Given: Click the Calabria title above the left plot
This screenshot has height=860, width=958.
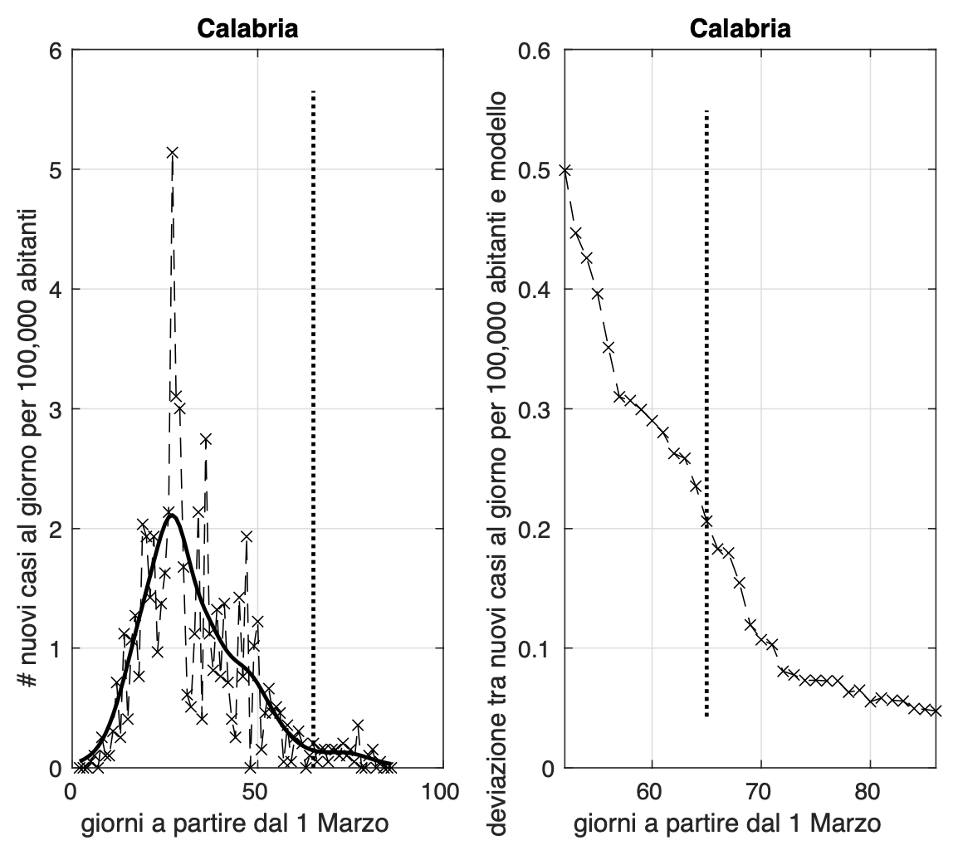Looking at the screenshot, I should coord(247,29).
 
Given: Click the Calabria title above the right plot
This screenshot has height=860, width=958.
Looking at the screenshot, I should coord(740,29).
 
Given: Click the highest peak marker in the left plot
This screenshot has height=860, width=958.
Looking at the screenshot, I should coord(173,153).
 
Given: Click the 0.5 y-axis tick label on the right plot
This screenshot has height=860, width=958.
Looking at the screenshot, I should coord(536,169).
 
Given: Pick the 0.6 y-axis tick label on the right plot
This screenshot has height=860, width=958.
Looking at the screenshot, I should coord(536,50).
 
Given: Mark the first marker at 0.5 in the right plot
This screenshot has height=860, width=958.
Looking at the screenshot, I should coord(565,170).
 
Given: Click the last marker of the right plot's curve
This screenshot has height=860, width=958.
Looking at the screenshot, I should coord(936,711).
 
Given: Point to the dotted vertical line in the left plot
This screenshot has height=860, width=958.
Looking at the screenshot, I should coord(313,332).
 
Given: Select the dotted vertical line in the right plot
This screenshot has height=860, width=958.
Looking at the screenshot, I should coord(706,332).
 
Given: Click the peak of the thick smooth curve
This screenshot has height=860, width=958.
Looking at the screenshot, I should coord(171,515).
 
